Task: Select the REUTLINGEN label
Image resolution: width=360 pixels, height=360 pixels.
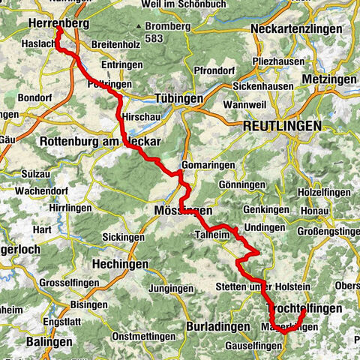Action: (281, 127)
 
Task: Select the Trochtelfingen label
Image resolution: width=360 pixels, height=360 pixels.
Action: (304, 308)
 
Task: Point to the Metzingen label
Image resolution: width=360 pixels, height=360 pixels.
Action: (329, 79)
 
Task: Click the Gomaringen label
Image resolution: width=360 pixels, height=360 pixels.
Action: (208, 165)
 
